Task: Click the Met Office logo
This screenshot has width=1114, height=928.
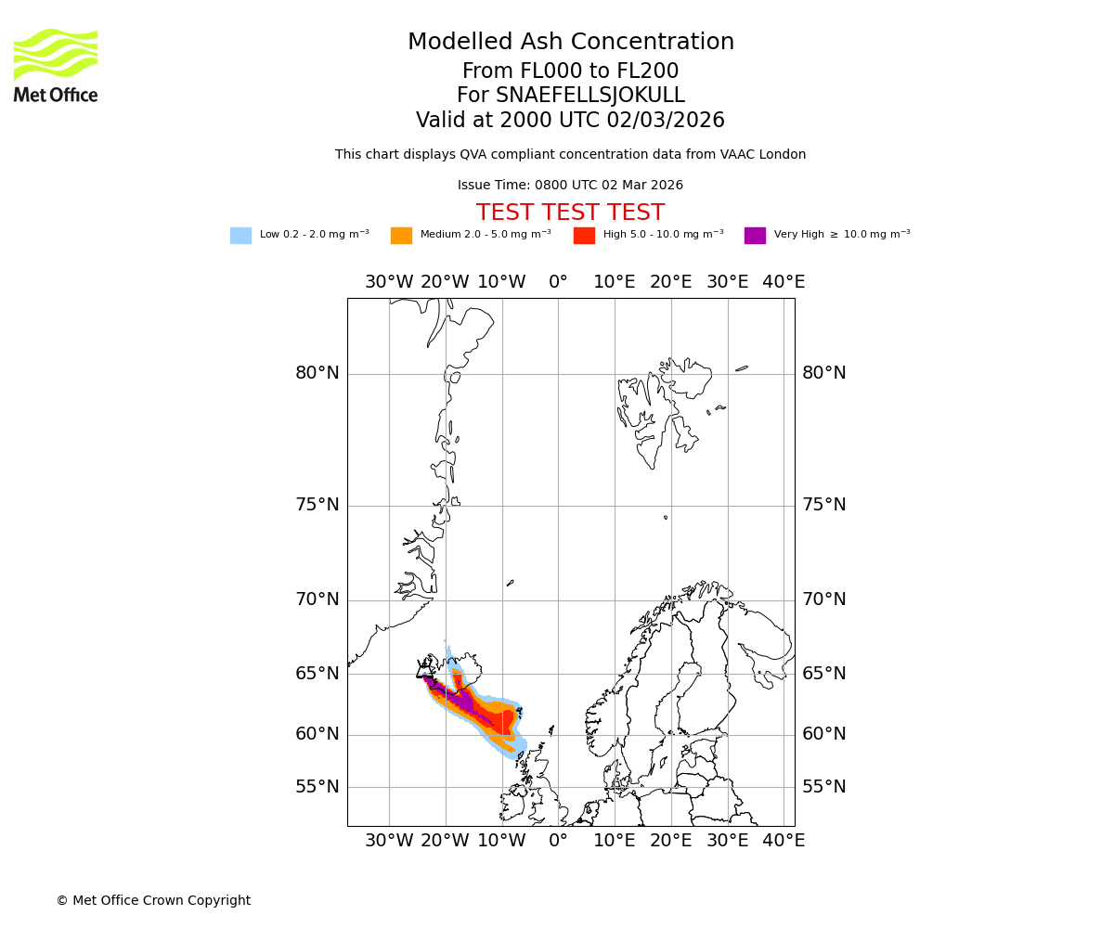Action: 56,65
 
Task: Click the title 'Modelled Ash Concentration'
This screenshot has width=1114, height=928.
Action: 570,43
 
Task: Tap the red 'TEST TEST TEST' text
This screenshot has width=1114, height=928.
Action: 570,213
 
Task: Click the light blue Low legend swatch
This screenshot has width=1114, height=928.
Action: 240,236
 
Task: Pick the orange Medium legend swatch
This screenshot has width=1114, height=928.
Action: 401,236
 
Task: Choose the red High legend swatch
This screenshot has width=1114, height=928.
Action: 584,236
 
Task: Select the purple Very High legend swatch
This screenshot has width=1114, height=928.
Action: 755,236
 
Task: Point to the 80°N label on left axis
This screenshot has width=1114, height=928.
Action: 317,373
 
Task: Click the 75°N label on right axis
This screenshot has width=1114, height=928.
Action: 824,505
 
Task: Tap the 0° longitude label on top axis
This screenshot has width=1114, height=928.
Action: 558,282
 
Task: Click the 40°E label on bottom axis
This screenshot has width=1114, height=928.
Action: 784,841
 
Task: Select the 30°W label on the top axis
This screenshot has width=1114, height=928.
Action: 389,282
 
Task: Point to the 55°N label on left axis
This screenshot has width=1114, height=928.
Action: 317,787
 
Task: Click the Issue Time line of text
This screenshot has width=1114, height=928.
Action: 570,186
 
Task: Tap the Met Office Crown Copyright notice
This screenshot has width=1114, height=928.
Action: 153,900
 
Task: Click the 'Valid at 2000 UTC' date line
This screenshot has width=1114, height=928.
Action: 570,121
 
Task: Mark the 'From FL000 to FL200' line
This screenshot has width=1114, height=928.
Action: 570,71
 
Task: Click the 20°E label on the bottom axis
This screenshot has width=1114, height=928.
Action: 670,841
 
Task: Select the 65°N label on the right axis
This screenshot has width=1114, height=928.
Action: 824,674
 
